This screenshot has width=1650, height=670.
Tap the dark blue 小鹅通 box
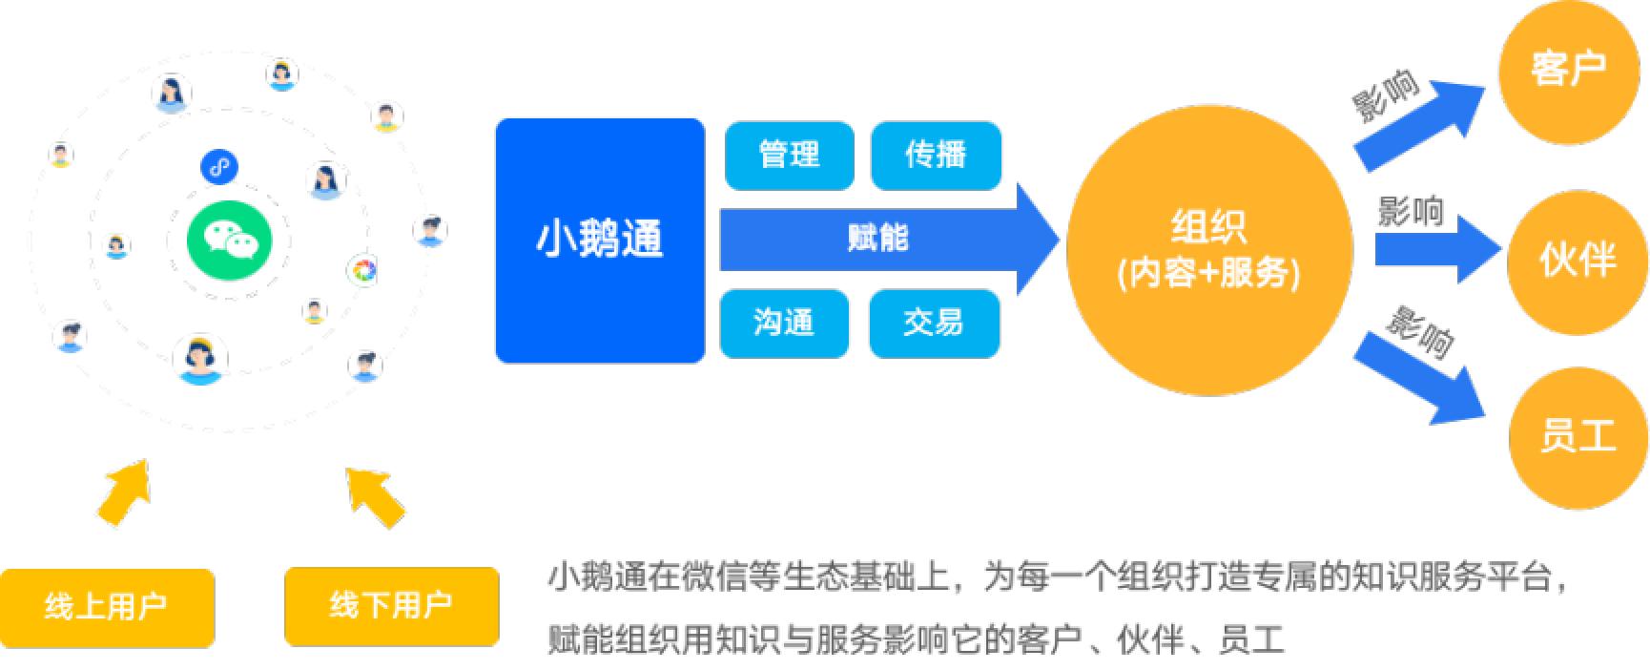pyautogui.click(x=600, y=241)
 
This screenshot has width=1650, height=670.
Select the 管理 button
pyautogui.click(x=789, y=155)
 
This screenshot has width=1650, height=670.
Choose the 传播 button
pyautogui.click(x=936, y=155)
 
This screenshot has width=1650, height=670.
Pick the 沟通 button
pyautogui.click(x=784, y=324)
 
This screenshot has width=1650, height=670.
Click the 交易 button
pyautogui.click(x=935, y=324)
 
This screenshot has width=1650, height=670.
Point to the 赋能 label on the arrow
pyautogui.click(x=878, y=238)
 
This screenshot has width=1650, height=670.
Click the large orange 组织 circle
pyautogui.click(x=1209, y=250)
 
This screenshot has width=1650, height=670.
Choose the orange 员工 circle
pyautogui.click(x=1579, y=437)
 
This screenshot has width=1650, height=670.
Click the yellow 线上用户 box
pyautogui.click(x=107, y=607)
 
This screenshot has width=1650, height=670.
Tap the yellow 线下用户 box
pyautogui.click(x=391, y=606)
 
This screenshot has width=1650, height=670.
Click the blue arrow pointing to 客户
pyautogui.click(x=1421, y=124)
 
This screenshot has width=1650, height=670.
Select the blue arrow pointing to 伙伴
pyautogui.click(x=1437, y=249)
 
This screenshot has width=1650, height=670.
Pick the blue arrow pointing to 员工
pyautogui.click(x=1421, y=376)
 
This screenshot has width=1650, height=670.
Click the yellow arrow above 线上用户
pyautogui.click(x=126, y=491)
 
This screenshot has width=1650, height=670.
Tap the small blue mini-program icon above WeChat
pyautogui.click(x=219, y=167)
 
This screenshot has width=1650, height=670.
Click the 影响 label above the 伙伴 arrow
pyautogui.click(x=1412, y=211)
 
